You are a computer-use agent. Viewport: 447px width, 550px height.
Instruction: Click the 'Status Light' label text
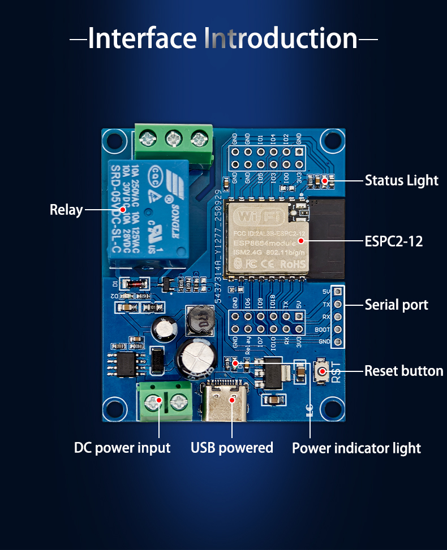pyautogui.click(x=401, y=180)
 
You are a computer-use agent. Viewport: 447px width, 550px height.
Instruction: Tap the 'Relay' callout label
pyautogui.click(x=66, y=210)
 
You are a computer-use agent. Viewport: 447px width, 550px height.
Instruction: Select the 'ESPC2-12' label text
pyautogui.click(x=393, y=241)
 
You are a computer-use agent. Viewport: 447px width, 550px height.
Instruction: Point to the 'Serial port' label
pyautogui.click(x=396, y=305)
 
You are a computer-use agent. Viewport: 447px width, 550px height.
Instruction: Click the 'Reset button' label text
pyautogui.click(x=403, y=371)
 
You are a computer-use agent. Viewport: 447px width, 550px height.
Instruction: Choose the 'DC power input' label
pyautogui.click(x=122, y=448)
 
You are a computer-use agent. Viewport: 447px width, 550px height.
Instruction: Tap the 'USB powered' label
pyautogui.click(x=232, y=448)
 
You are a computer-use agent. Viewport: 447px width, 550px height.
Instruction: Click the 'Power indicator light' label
pyautogui.click(x=356, y=448)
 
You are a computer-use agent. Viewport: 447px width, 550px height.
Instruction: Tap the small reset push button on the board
pyautogui.click(x=323, y=371)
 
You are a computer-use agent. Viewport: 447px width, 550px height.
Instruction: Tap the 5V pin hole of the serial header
pyautogui.click(x=338, y=292)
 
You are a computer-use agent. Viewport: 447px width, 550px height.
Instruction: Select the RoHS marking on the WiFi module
pyautogui.click(x=292, y=264)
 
